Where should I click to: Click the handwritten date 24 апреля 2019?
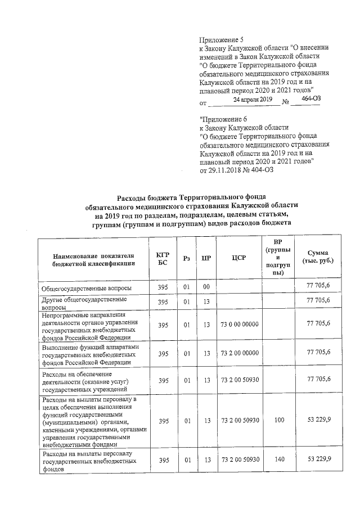click(x=253, y=100)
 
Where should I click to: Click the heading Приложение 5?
click(x=222, y=39)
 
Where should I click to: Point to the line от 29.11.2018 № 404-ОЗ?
click(x=244, y=170)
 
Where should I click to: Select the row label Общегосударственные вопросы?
click(x=87, y=288)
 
